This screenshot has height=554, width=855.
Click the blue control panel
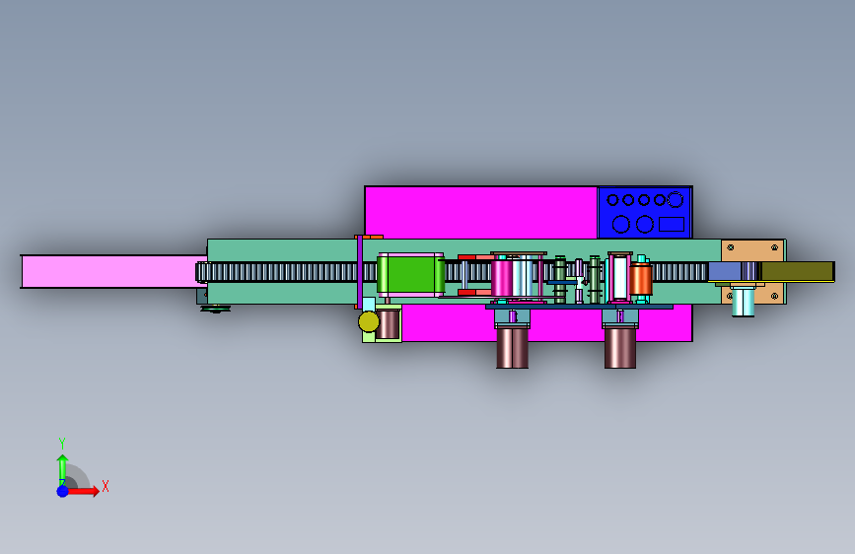coord(645,213)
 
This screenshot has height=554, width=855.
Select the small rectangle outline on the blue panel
coord(672,224)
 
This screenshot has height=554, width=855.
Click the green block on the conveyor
coord(410,275)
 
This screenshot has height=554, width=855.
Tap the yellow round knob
coord(369,321)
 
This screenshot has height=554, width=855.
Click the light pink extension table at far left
coord(114,271)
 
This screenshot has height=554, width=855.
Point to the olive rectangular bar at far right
coord(797,271)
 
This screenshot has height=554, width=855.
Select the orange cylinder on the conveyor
coord(641,280)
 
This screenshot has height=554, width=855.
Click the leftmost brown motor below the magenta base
coord(512,348)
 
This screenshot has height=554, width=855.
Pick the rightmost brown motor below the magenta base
coord(620,348)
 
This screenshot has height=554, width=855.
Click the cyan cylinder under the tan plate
coord(743,302)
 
